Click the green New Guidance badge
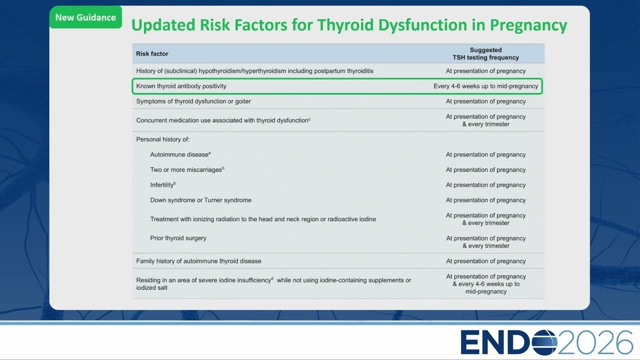(x=85, y=17)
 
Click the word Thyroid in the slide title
(x=345, y=25)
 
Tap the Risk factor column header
(x=152, y=53)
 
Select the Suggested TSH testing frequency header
(x=485, y=53)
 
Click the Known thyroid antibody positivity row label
(x=181, y=86)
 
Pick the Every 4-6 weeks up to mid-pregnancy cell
(x=485, y=86)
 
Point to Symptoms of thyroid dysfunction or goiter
(x=193, y=101)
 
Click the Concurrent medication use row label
(x=223, y=120)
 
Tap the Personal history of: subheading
(x=162, y=139)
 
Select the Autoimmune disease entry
(x=180, y=154)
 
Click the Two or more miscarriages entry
(x=187, y=169)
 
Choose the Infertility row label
(x=163, y=185)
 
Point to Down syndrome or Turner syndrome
(x=201, y=200)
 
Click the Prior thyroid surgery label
(x=178, y=238)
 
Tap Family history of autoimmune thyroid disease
(x=198, y=261)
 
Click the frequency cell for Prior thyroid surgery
(x=485, y=242)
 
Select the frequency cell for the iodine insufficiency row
(x=485, y=284)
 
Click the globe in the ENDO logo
(x=544, y=342)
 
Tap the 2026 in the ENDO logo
(x=595, y=342)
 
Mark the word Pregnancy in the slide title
(x=528, y=25)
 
